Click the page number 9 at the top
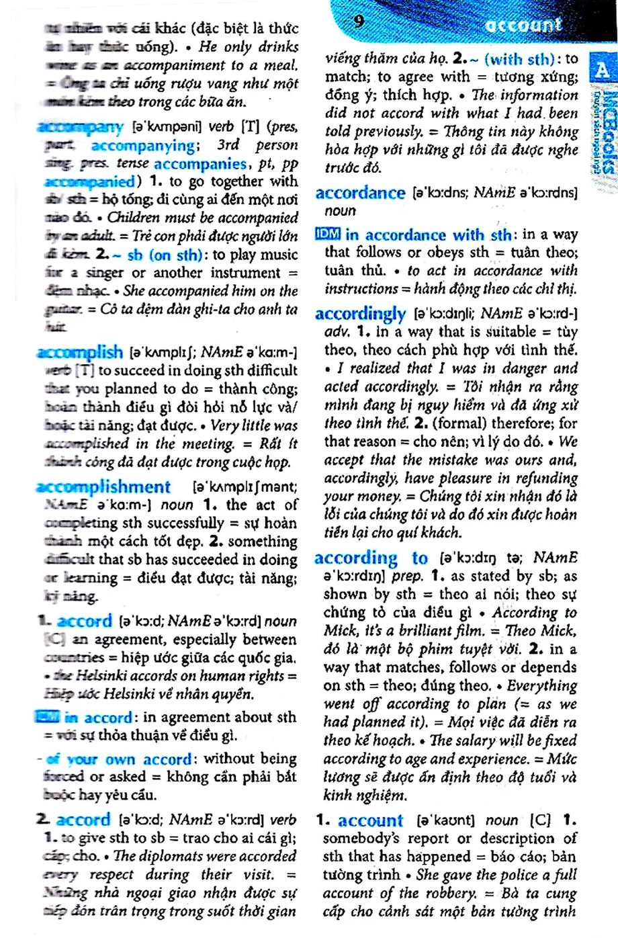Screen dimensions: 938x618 point(359,21)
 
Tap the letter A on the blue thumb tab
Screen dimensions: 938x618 point(602,70)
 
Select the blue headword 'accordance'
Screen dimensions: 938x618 point(360,194)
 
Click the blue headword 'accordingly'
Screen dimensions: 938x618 point(360,314)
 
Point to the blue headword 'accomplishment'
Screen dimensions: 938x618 point(103,486)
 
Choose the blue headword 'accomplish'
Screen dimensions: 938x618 point(80,351)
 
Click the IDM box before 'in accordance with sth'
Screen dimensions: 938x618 point(327,234)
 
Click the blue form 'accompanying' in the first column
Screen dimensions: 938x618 point(143,145)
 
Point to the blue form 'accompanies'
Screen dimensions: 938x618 point(200,163)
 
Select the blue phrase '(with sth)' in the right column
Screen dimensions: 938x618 point(519,59)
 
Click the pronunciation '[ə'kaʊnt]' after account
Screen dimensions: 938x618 point(445,820)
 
